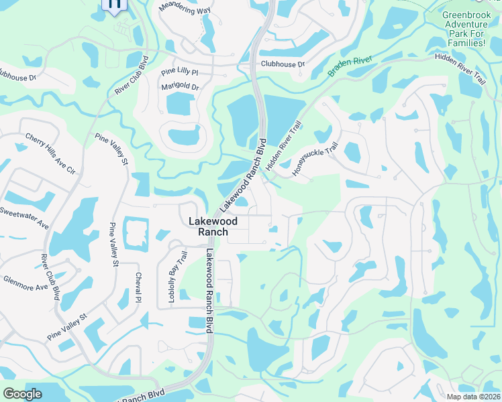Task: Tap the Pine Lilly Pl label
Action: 180,72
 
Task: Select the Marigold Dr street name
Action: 181,87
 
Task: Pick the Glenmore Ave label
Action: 26,283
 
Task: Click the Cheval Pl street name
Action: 138,287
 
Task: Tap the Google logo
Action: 22,394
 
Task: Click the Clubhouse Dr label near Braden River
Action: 283,64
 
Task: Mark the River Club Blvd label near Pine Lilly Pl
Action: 131,76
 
